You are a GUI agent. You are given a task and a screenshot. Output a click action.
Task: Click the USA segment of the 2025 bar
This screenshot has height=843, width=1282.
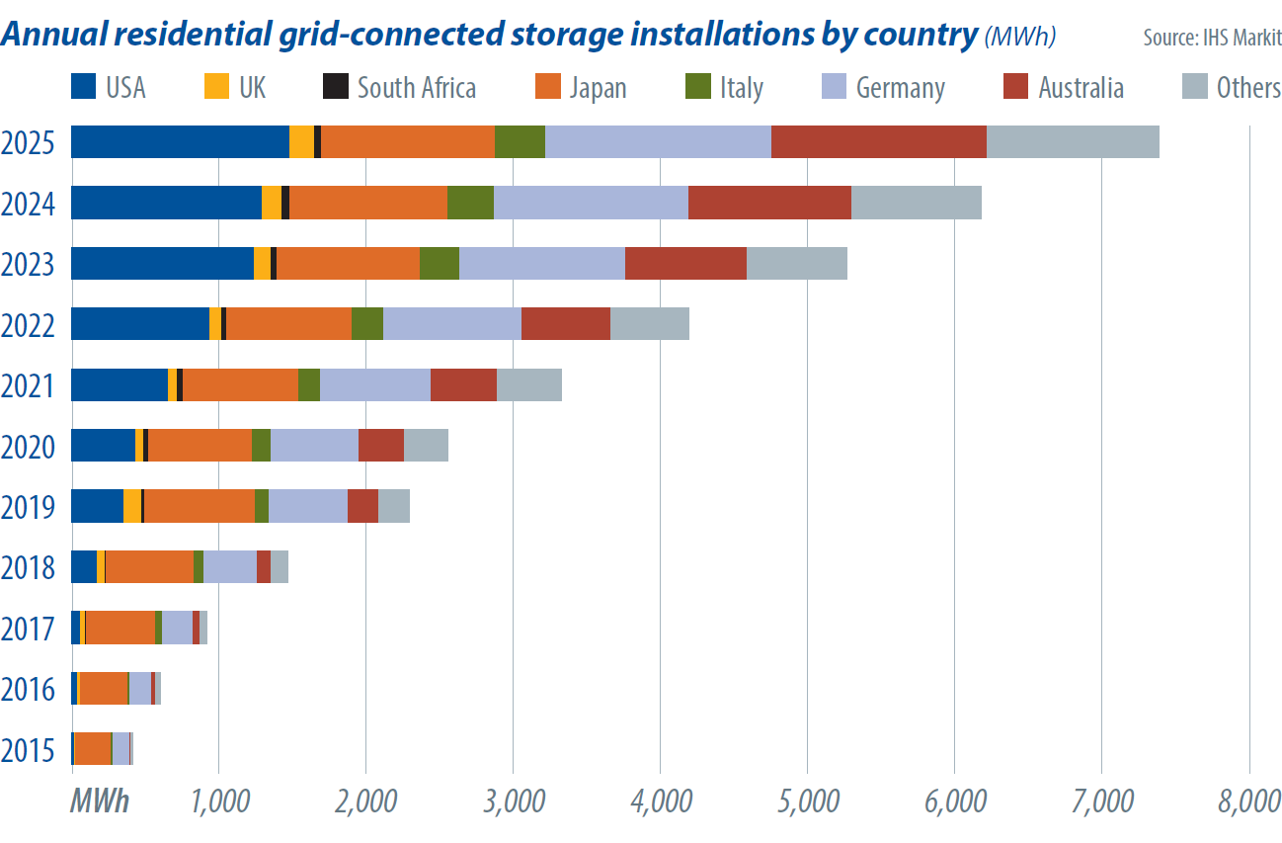click(181, 141)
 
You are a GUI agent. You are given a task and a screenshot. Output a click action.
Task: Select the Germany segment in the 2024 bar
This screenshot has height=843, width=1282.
click(592, 203)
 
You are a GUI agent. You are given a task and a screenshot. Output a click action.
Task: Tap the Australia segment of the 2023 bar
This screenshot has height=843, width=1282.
click(685, 264)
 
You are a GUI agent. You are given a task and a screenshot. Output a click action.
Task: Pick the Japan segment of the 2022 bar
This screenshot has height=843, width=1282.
click(289, 323)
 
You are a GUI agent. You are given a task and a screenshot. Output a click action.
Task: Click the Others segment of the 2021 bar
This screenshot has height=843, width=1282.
click(529, 384)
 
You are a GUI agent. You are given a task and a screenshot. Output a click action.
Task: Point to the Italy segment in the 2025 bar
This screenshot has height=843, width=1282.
click(521, 141)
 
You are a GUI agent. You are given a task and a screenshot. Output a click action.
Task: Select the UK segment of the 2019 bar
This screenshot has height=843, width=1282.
click(132, 506)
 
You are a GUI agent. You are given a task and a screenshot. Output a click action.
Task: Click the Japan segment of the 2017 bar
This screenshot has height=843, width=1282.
click(120, 628)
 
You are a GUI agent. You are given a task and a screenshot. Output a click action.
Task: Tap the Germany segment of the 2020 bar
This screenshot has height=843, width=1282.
click(315, 445)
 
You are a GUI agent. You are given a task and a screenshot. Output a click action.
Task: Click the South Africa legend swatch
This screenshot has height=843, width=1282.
click(336, 86)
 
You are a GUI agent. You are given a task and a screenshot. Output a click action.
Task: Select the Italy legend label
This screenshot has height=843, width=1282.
click(742, 88)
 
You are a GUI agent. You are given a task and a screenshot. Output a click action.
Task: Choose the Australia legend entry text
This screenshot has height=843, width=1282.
click(1082, 88)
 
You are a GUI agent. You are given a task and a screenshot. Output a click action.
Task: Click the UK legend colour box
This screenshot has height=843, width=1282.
click(217, 86)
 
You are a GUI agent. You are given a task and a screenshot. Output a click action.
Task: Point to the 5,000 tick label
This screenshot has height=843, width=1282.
click(808, 801)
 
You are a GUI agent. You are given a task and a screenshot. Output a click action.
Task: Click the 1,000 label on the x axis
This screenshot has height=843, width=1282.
click(220, 801)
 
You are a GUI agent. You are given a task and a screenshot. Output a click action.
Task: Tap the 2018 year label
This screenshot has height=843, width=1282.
click(28, 567)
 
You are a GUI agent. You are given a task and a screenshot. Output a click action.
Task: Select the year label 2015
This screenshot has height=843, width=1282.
click(28, 750)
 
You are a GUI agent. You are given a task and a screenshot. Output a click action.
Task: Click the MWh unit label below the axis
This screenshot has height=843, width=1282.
click(100, 801)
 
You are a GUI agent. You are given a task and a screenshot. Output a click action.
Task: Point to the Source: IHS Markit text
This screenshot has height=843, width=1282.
click(1212, 38)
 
